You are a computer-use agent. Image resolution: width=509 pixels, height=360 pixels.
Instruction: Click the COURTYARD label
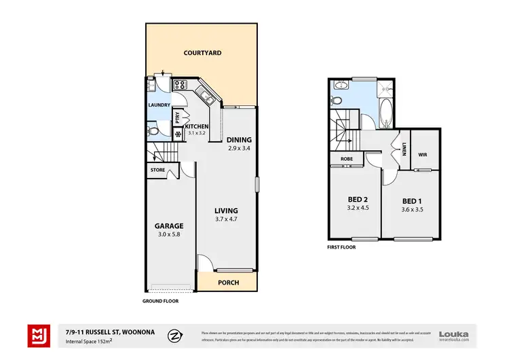coord(203,52)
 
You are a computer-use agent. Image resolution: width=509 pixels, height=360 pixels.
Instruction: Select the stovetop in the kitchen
coord(181,85)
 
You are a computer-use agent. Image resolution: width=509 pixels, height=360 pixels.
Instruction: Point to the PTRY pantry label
coord(177,117)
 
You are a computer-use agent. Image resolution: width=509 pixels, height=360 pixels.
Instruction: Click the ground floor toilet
coord(153,128)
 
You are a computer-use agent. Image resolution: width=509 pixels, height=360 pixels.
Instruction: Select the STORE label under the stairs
coord(157,170)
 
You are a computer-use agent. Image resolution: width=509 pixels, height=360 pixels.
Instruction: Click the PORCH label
coord(227,282)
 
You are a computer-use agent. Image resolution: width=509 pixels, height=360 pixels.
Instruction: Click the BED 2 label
coord(352,199)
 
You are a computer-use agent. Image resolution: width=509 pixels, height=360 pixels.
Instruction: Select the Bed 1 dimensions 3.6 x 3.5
coord(412,210)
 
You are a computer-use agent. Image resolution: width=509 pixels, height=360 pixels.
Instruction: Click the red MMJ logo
coord(39,334)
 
